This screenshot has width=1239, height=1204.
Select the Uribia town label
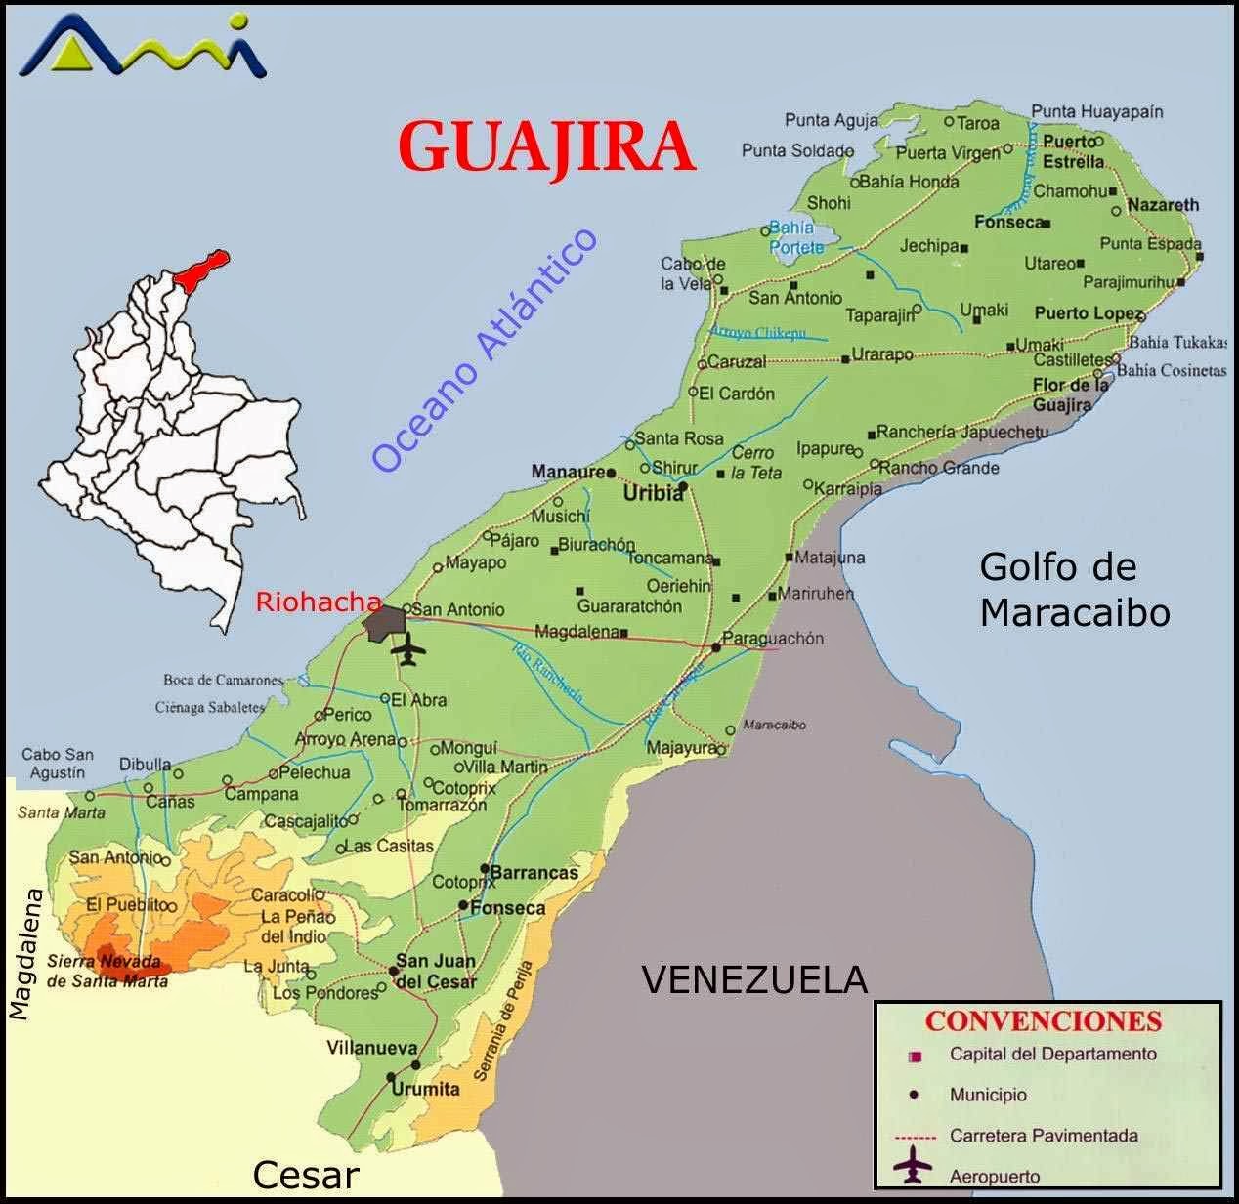tap(654, 494)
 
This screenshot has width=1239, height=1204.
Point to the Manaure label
tap(567, 473)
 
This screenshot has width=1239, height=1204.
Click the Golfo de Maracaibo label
tap(1075, 590)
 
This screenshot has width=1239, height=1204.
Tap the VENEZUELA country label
tap(753, 978)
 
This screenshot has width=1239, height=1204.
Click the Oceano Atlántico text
tap(485, 351)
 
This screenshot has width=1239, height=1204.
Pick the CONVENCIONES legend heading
tap(1043, 1021)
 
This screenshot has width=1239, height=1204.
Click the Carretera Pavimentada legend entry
tap(1043, 1136)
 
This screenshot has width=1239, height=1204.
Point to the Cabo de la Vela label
tap(692, 273)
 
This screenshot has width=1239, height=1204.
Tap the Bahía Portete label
tap(794, 237)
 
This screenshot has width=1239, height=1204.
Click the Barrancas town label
tap(534, 872)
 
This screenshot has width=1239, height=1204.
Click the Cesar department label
tap(305, 1176)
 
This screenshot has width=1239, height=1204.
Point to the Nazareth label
tap(1162, 205)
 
